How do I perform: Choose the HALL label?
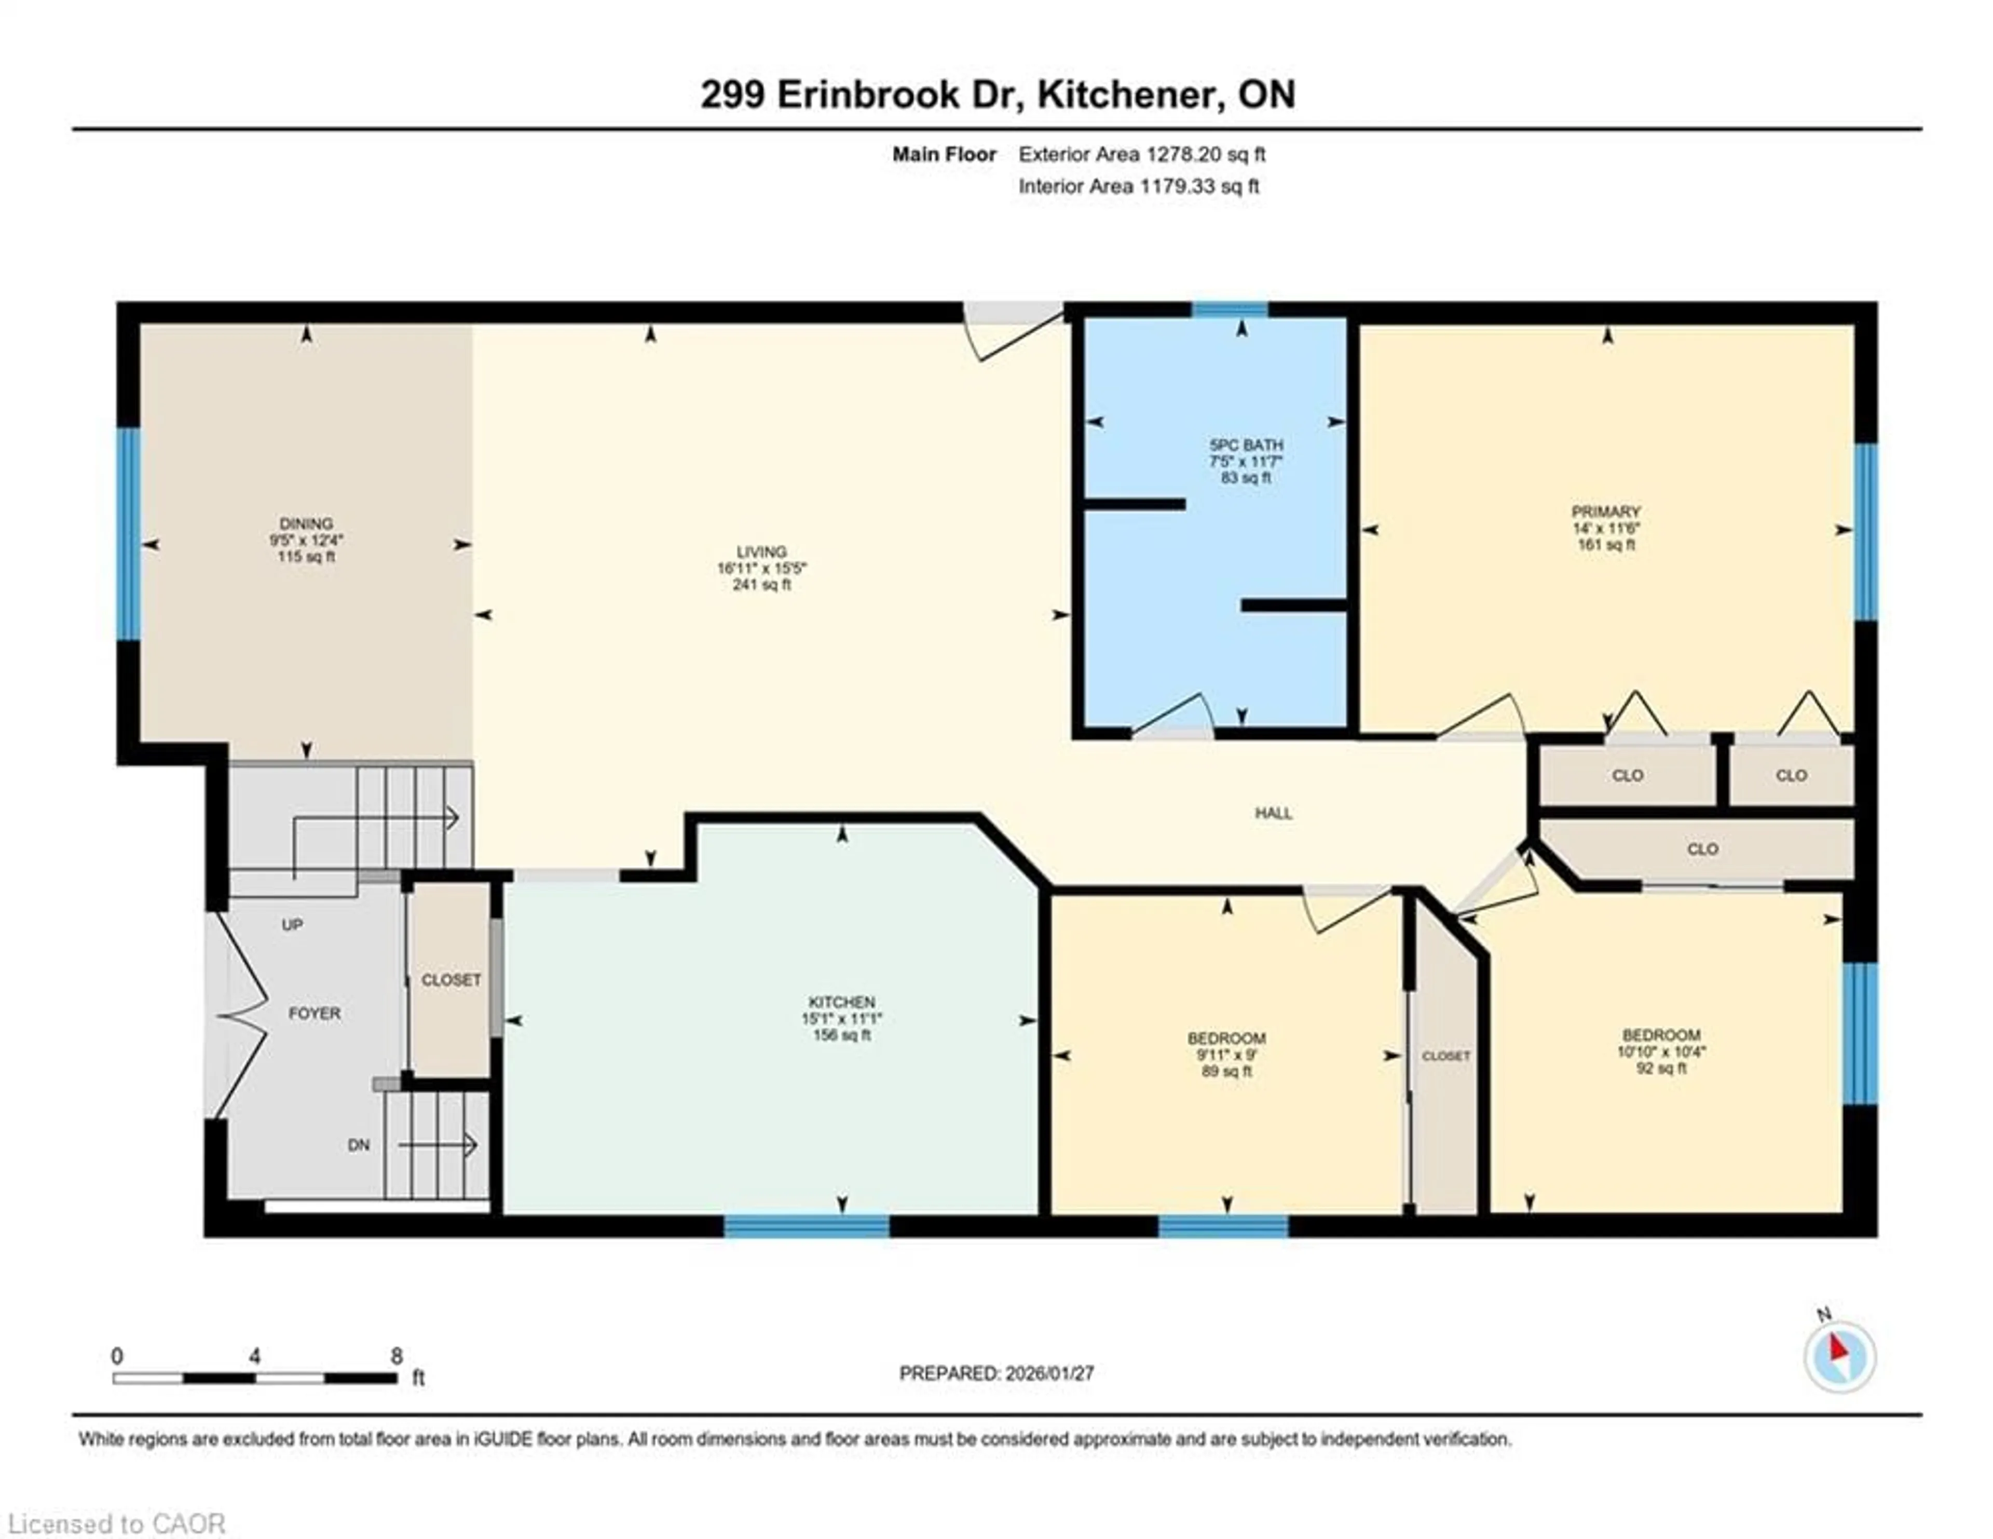click(x=1273, y=813)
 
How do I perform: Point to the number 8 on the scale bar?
click(x=396, y=1356)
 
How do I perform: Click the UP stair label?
click(x=292, y=925)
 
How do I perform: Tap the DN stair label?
click(x=359, y=1145)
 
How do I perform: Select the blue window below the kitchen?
click(x=807, y=1226)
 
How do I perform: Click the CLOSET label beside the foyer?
click(x=451, y=979)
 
